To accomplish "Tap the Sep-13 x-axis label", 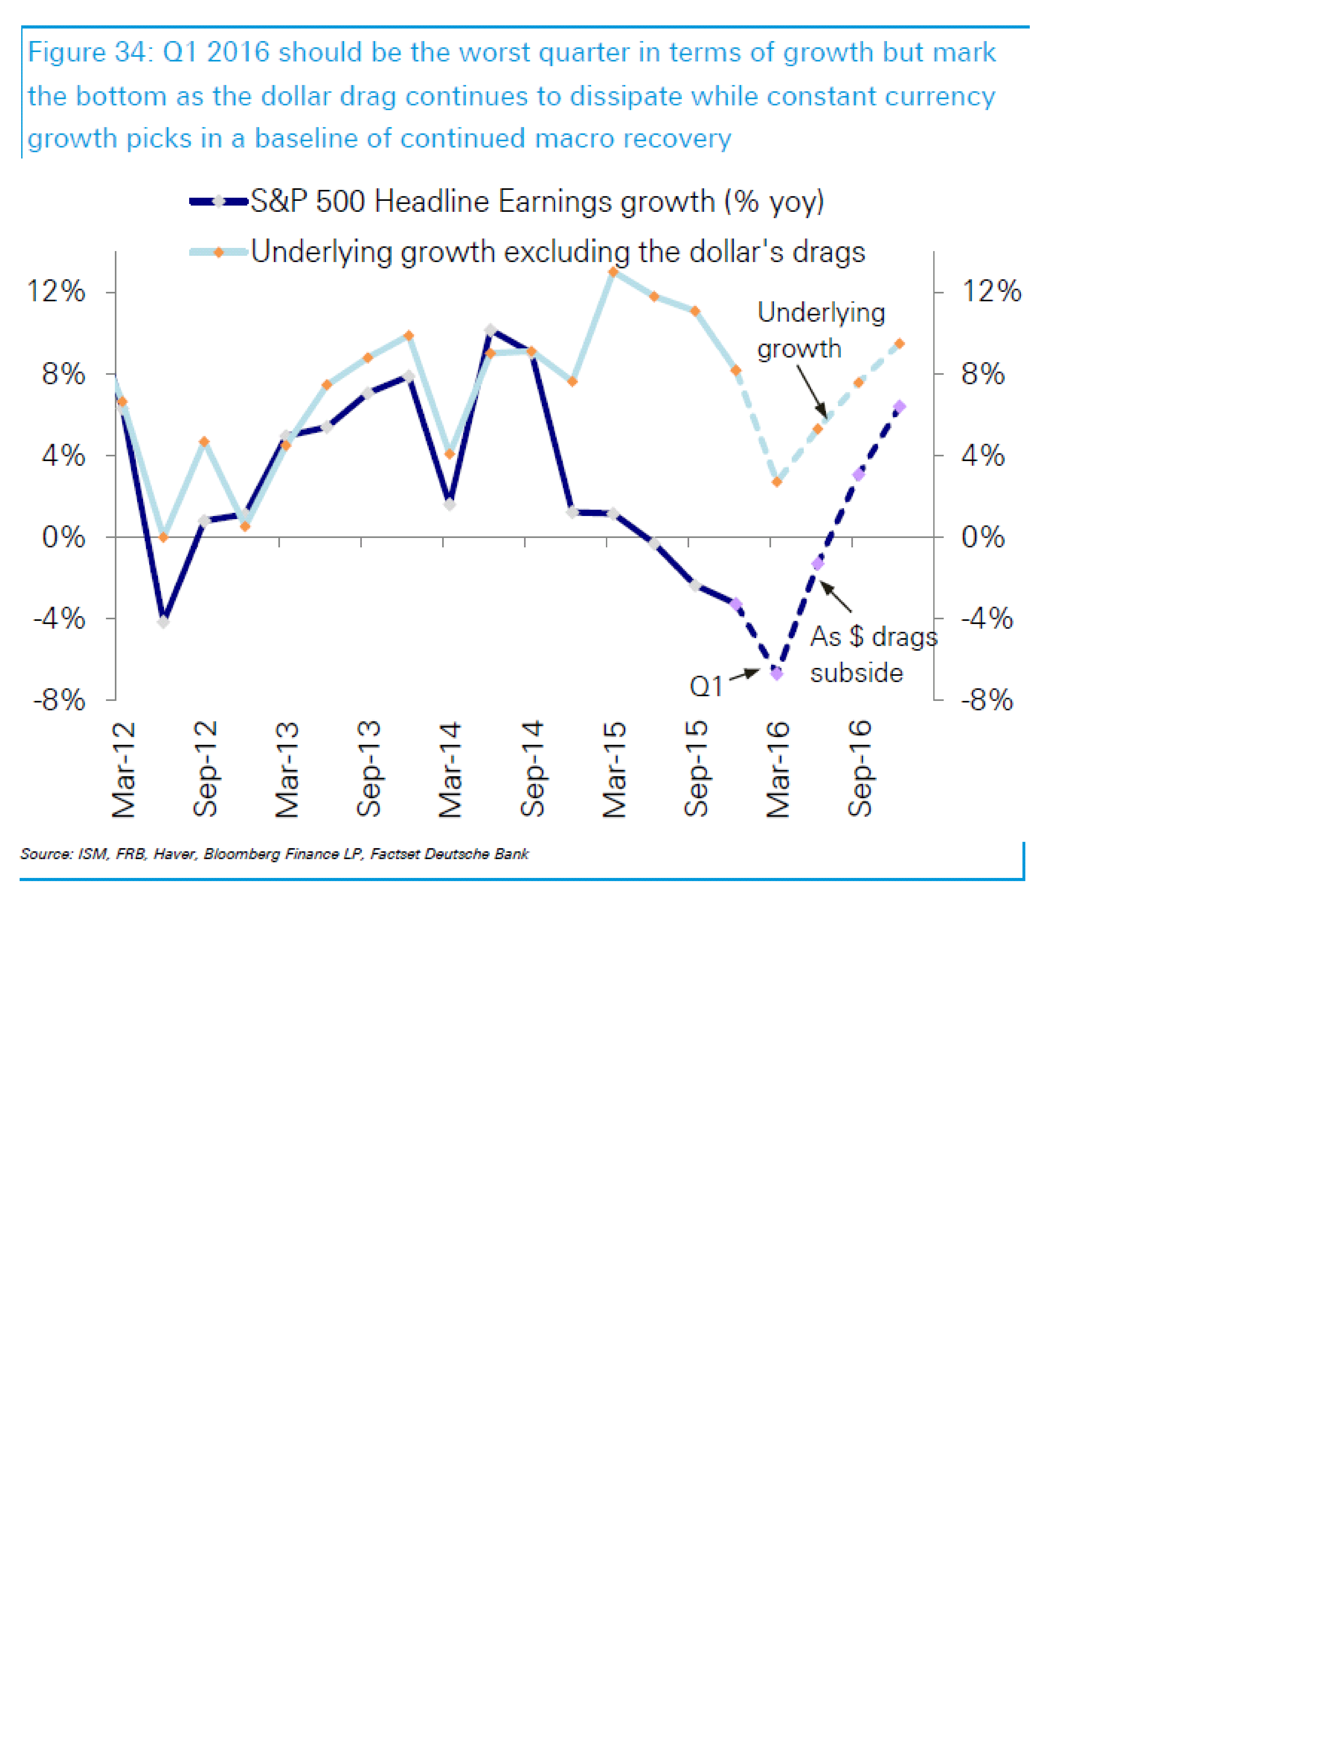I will tap(369, 768).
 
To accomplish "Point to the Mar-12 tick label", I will tap(124, 768).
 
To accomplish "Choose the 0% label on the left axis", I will tap(63, 537).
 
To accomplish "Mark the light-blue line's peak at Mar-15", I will tap(613, 272).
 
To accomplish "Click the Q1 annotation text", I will tap(705, 686).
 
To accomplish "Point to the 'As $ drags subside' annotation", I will tap(873, 654).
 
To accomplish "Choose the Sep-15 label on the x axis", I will tap(696, 768).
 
